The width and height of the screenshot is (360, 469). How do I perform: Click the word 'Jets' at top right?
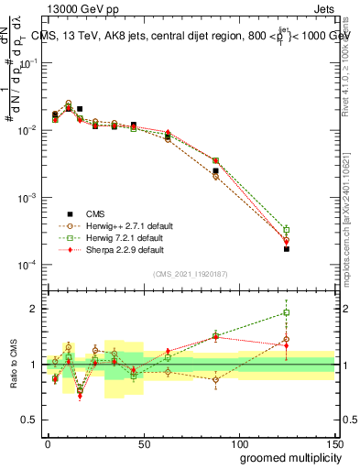(x=323, y=10)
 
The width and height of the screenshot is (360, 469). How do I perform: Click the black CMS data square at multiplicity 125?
(x=287, y=249)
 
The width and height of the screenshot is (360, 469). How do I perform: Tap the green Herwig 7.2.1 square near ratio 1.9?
(x=287, y=313)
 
